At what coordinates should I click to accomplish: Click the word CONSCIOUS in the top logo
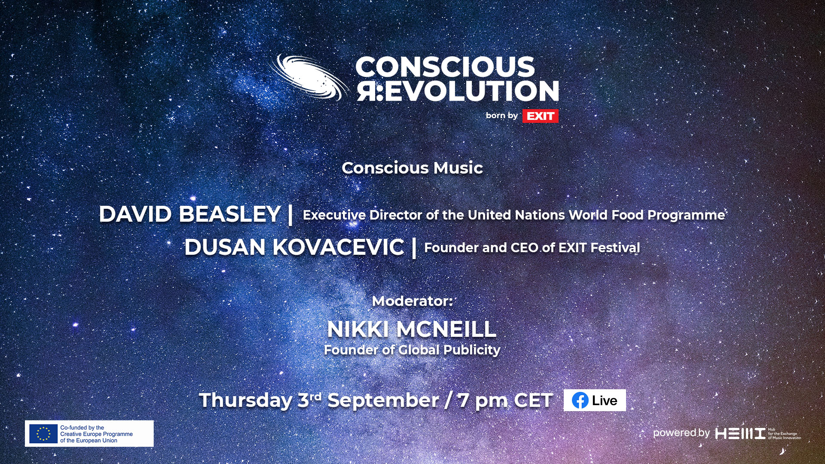(445, 67)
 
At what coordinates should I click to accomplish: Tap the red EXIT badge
(540, 116)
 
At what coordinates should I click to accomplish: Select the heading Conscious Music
(412, 168)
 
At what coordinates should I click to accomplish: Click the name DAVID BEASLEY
(190, 214)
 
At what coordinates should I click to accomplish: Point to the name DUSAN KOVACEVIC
(294, 247)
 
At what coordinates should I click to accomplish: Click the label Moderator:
(412, 301)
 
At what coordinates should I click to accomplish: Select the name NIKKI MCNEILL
(412, 329)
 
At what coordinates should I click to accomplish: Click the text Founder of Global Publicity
(412, 350)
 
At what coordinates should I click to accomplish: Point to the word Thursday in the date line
(246, 400)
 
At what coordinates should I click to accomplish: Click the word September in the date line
(383, 400)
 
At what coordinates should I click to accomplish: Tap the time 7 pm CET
(505, 400)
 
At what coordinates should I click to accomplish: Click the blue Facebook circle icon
(580, 400)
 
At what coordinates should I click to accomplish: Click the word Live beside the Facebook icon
(605, 400)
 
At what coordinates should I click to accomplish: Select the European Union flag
(43, 433)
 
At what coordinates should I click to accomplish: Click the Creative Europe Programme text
(97, 434)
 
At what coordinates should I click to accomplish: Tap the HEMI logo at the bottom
(740, 433)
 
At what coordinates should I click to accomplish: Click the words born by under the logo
(502, 115)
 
